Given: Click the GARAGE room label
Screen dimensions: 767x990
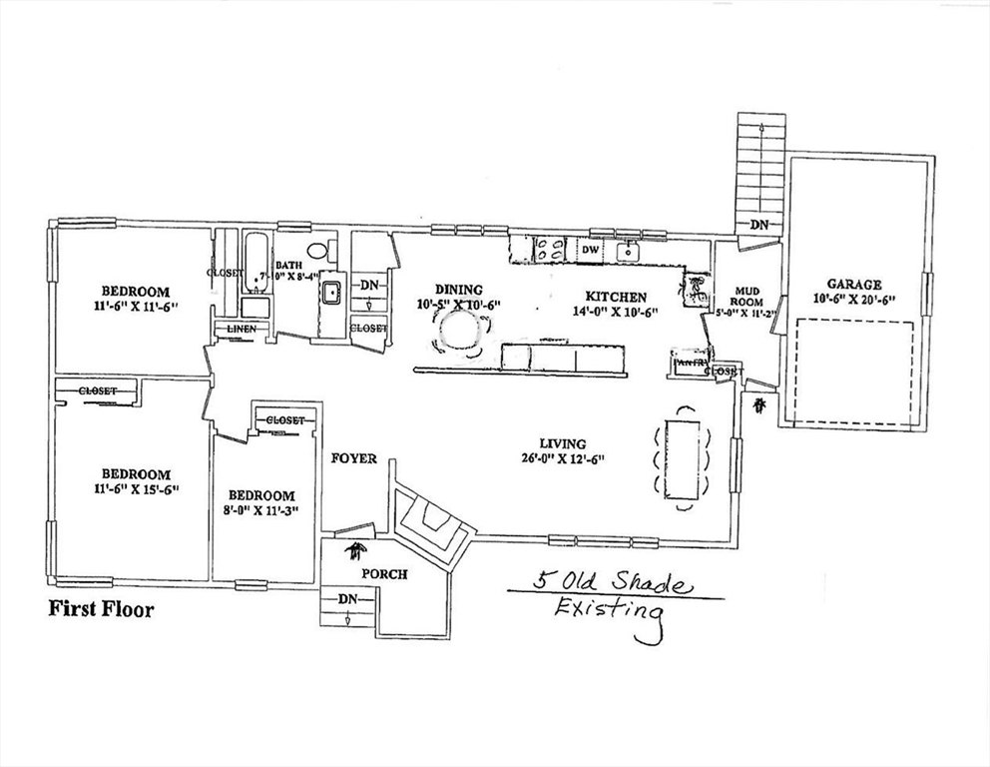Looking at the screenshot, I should click(853, 284).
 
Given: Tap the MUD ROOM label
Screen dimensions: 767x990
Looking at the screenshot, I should click(746, 295).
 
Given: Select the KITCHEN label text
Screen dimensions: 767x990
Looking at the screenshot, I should click(616, 297).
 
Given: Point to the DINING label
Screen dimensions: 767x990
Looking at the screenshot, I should click(458, 290).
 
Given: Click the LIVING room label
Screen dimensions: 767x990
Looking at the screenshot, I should click(563, 443).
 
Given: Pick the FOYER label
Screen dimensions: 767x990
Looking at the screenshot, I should click(354, 458).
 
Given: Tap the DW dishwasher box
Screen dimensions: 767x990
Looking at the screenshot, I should click(590, 249).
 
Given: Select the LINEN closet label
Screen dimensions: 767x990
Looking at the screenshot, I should click(242, 329).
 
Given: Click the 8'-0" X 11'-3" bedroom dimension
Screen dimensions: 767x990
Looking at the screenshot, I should click(261, 510).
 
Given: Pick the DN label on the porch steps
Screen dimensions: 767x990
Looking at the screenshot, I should click(347, 598).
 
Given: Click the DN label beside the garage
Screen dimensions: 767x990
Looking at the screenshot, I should click(759, 226).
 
